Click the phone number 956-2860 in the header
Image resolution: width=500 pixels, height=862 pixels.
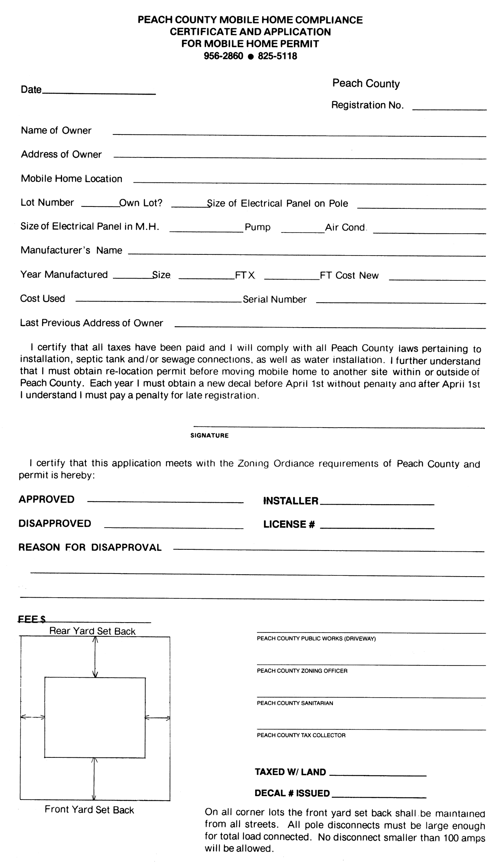[x=223, y=56]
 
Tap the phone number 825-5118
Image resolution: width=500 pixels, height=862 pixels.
[x=277, y=56]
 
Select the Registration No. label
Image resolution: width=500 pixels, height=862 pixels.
[x=367, y=105]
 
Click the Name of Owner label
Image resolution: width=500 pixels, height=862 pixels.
[x=56, y=131]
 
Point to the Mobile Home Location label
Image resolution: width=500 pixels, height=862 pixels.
[x=71, y=179]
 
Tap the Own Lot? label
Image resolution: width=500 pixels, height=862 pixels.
[x=141, y=203]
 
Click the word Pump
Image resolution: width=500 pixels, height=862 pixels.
[x=257, y=227]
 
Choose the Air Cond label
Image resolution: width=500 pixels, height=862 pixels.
[x=345, y=228]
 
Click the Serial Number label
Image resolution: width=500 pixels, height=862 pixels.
[x=275, y=300]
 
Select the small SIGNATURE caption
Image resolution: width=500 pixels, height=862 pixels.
[x=209, y=436]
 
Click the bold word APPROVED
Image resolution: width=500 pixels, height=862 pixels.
[x=46, y=500]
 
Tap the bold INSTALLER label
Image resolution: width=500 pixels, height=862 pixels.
[x=291, y=501]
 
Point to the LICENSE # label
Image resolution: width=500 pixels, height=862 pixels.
[x=289, y=524]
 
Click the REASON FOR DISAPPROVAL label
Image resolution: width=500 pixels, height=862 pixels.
[x=90, y=547]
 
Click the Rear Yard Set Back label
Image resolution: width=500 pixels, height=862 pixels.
[x=92, y=631]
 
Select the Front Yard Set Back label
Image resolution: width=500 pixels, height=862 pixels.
[x=89, y=810]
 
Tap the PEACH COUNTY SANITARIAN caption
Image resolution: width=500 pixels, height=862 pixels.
[x=295, y=703]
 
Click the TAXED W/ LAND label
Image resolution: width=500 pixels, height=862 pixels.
[x=290, y=772]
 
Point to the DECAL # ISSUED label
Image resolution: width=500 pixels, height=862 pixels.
[x=292, y=793]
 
